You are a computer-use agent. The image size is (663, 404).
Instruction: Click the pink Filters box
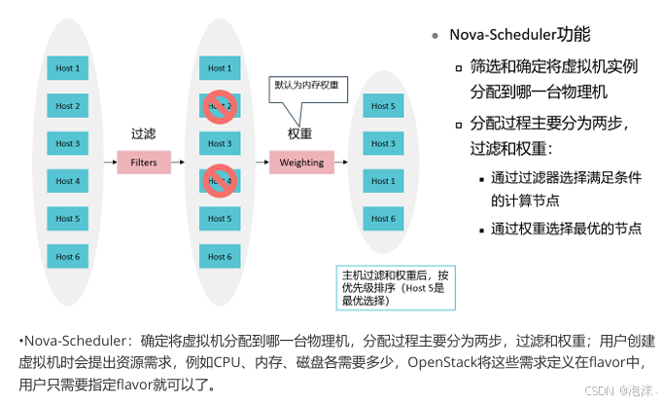[x=144, y=162]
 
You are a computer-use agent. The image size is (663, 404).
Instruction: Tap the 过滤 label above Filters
[x=144, y=132]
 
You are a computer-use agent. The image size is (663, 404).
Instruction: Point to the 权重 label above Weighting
[x=299, y=133]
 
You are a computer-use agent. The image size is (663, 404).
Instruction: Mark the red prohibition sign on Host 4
[x=216, y=180]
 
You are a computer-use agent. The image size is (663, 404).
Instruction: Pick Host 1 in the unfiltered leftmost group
[x=67, y=68]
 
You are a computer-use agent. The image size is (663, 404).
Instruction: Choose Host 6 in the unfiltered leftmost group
[x=67, y=256]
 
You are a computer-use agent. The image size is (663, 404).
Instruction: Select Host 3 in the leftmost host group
[x=67, y=143]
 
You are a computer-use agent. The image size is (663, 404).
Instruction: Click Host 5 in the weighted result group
[x=383, y=106]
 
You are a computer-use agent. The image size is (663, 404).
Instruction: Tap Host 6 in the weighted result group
[x=383, y=219]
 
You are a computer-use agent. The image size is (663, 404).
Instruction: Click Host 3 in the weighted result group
[x=383, y=143]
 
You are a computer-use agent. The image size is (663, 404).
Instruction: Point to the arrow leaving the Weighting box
[x=345, y=162]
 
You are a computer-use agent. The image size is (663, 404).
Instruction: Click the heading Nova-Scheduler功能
[x=519, y=36]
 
